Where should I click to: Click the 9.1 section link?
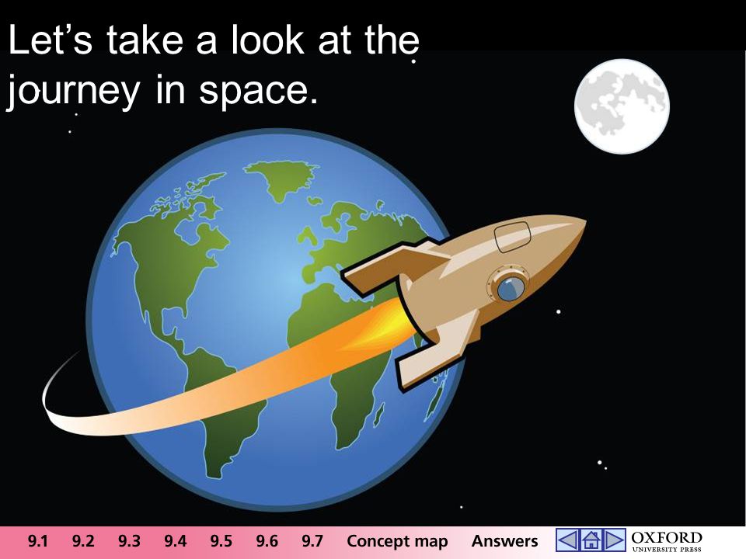pos(37,541)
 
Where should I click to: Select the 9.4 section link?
pos(175,541)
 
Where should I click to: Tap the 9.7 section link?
pos(312,541)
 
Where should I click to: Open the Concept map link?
pos(397,541)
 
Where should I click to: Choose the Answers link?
pos(505,541)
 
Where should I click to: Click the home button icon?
pos(591,540)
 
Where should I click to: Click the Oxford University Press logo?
pos(667,541)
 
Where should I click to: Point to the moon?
pos(622,106)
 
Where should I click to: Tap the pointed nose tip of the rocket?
pos(585,221)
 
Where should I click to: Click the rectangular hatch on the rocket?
pos(512,236)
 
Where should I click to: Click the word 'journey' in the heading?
pos(73,92)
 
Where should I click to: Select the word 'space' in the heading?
pos(258,92)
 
